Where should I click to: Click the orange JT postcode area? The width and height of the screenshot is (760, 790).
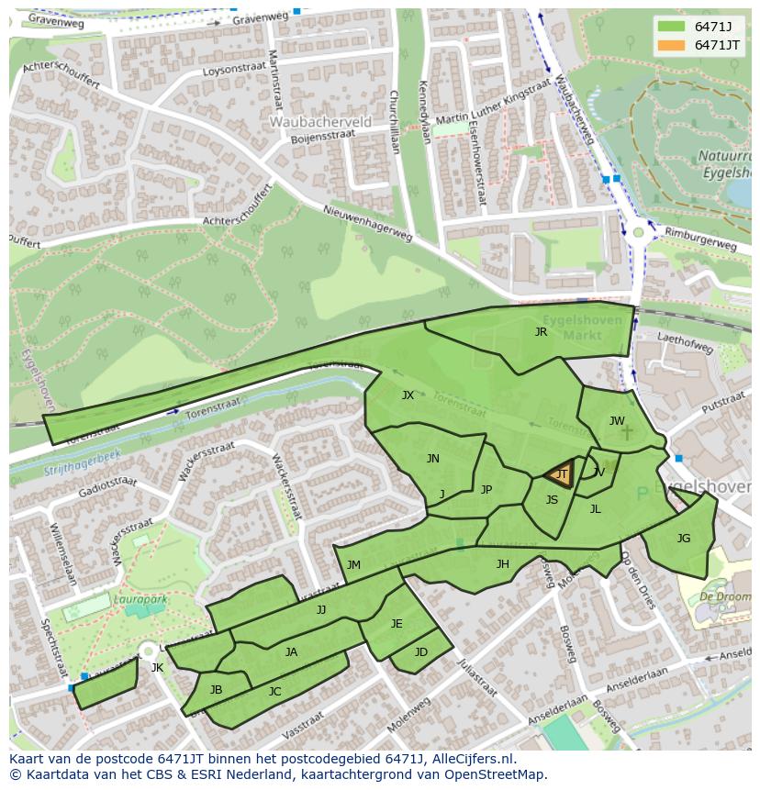(560, 474)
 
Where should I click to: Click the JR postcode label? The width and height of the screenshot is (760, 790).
(541, 332)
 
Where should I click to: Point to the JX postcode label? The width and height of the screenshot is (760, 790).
(408, 395)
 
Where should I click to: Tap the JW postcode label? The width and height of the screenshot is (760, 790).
(617, 421)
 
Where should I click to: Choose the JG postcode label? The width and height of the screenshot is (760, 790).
(683, 539)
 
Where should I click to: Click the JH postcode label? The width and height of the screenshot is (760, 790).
(502, 563)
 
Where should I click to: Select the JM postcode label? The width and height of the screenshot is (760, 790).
(353, 565)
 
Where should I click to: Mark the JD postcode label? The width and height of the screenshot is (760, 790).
(420, 652)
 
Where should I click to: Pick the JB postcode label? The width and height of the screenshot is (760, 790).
(216, 689)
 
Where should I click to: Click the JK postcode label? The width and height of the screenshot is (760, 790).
(157, 667)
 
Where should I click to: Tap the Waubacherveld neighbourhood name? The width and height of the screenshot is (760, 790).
(320, 121)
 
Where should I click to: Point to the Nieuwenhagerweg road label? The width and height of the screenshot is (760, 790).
(368, 222)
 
